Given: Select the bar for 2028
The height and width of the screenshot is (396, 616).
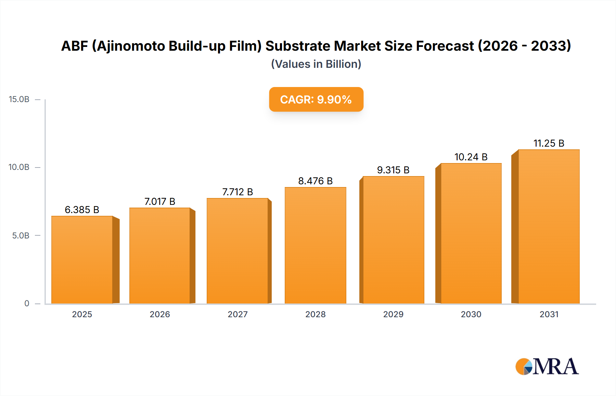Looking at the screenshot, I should tap(315, 245).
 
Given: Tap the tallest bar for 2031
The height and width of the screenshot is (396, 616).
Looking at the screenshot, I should tap(549, 226).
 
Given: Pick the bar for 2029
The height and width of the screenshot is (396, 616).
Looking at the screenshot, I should tap(393, 240).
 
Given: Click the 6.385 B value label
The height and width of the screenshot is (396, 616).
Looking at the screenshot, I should tap(82, 210).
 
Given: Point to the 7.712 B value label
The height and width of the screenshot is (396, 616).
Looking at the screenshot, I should tap(238, 192).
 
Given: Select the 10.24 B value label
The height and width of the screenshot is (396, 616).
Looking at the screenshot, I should tap(471, 157).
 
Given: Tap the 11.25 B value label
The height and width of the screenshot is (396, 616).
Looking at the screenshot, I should tap(549, 143).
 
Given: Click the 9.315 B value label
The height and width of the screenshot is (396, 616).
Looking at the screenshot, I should tap(393, 170).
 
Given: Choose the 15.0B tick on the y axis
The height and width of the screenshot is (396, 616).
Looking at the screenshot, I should tap(19, 99).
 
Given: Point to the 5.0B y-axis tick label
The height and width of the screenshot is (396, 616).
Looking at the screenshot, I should tap(21, 236).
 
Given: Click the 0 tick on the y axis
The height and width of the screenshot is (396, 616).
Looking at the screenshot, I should tap(27, 304).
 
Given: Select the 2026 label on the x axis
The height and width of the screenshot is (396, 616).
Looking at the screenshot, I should tap(160, 314).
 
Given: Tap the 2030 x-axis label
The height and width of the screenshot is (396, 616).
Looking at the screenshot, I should tap(471, 314).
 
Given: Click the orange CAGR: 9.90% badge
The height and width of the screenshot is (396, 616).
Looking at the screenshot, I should tap(316, 99).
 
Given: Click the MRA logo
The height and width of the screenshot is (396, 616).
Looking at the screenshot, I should tap(547, 367).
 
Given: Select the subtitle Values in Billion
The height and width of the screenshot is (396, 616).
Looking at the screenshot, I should tap(316, 64).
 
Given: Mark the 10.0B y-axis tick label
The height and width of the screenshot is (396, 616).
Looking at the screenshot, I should tap(19, 167).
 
